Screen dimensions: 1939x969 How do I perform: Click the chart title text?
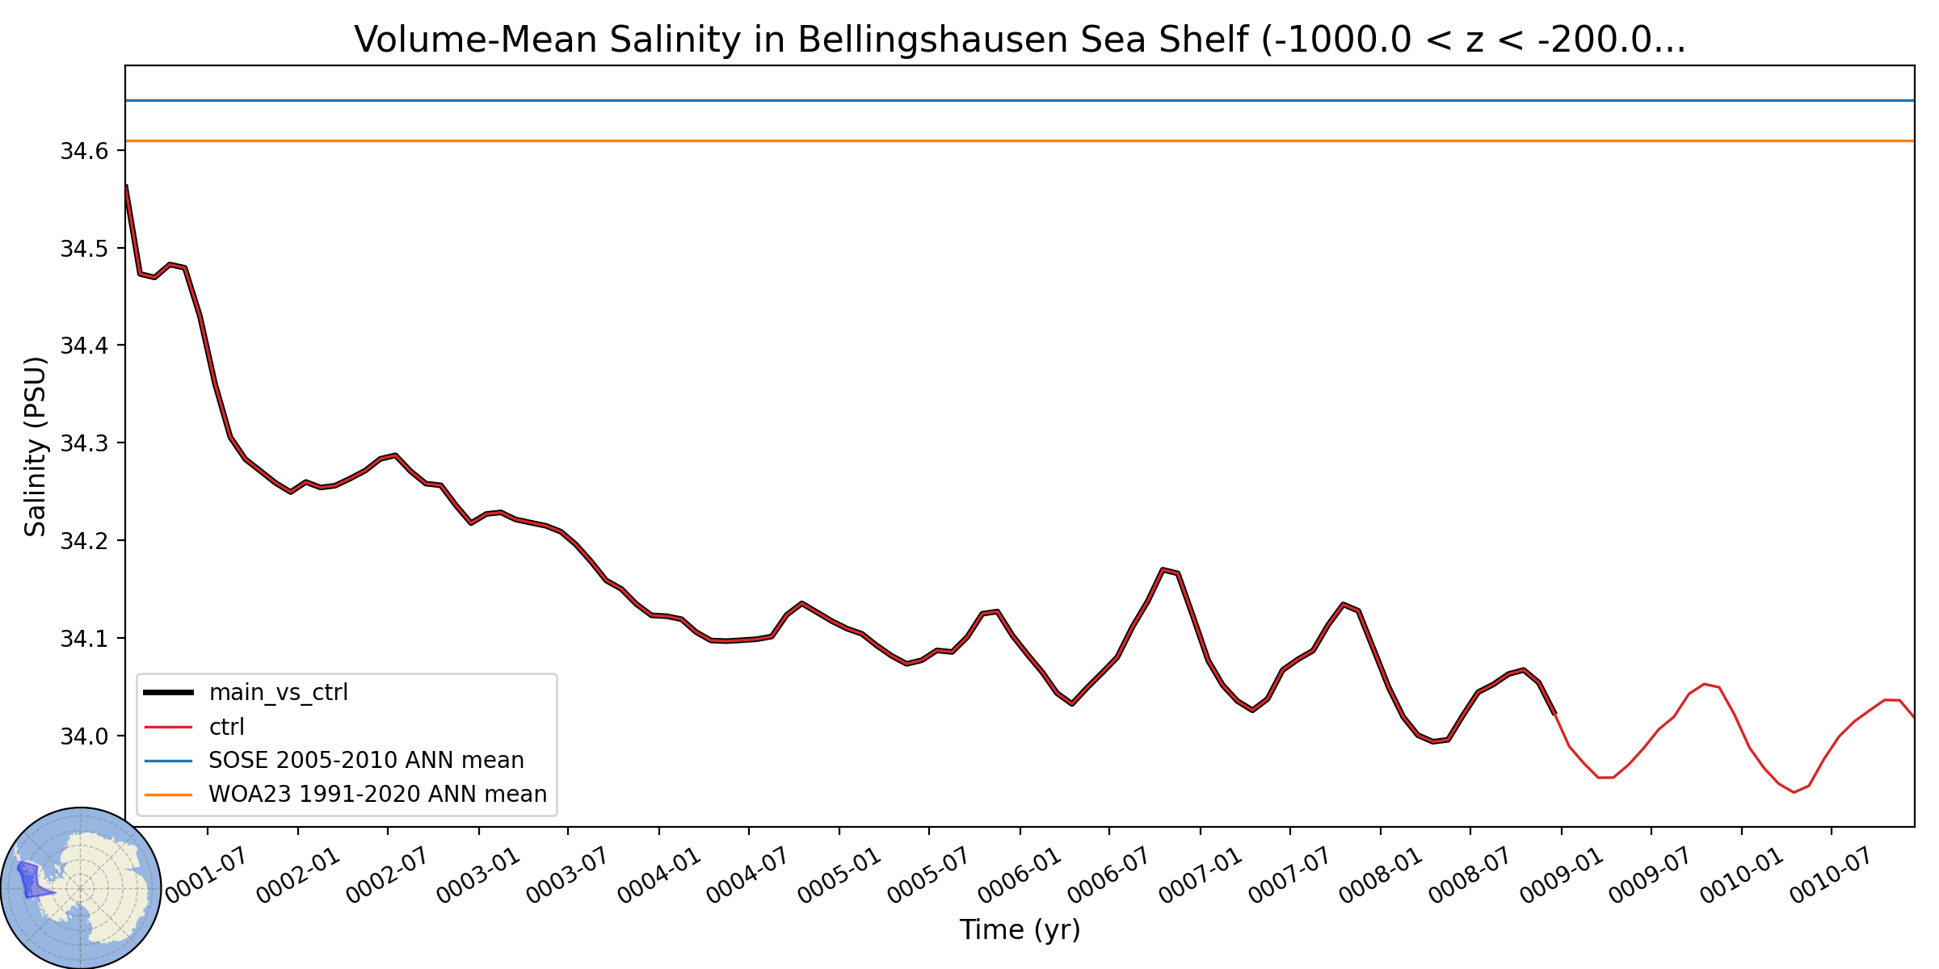click(x=1020, y=39)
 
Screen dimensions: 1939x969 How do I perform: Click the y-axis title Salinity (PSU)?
click(x=35, y=447)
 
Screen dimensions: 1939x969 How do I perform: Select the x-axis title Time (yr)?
click(x=1020, y=929)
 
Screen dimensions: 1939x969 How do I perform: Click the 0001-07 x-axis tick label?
click(x=207, y=875)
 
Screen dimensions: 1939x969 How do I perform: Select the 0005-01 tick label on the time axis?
click(x=839, y=875)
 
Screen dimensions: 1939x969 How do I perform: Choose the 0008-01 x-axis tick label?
click(x=1380, y=875)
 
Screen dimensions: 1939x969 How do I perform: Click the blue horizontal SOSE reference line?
click(x=1020, y=101)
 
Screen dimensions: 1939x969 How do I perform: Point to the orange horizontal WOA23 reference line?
click(x=1020, y=141)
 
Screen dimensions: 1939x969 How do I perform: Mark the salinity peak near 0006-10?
click(x=1163, y=569)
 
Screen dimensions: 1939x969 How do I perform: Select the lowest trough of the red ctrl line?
click(x=1794, y=792)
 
